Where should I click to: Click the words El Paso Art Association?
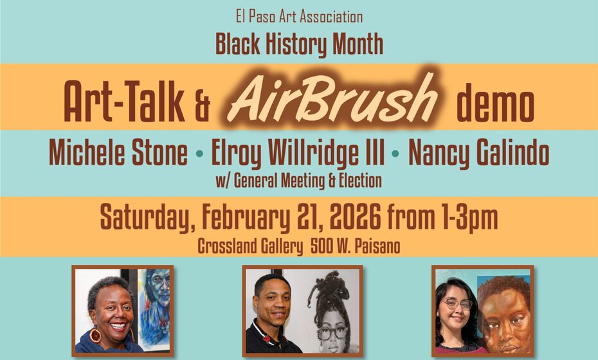pyautogui.click(x=299, y=17)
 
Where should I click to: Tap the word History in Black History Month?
pyautogui.click(x=300, y=44)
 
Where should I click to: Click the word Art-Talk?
pyautogui.click(x=123, y=104)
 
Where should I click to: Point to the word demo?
pyautogui.click(x=495, y=104)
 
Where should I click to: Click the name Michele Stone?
pyautogui.click(x=118, y=155)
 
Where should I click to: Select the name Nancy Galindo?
pyautogui.click(x=479, y=155)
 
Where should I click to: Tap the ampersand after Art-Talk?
pyautogui.click(x=201, y=107)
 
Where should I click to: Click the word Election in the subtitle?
pyautogui.click(x=359, y=181)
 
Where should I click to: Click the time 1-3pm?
pyautogui.click(x=467, y=219)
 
